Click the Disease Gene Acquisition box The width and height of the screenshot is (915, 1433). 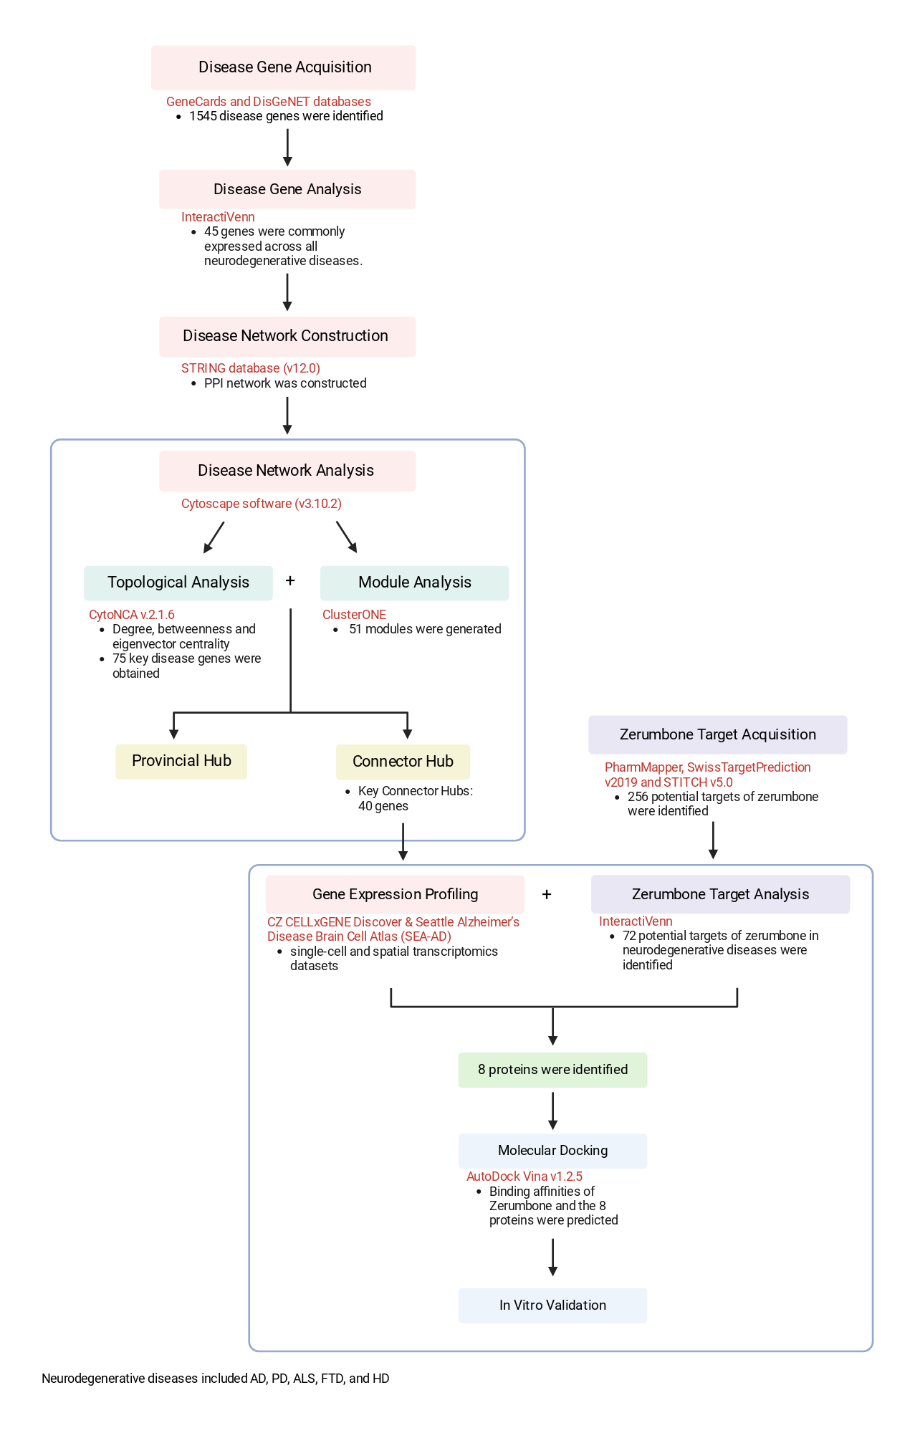pyautogui.click(x=283, y=67)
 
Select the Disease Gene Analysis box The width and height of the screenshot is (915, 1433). pyautogui.click(x=287, y=189)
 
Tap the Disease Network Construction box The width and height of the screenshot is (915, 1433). pyautogui.click(x=287, y=336)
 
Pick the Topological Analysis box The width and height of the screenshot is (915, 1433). pyautogui.click(x=178, y=583)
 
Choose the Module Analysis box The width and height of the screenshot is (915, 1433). pyautogui.click(x=415, y=583)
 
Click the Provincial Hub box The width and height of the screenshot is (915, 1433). pyautogui.click(x=181, y=761)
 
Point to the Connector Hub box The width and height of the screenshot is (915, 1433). pyautogui.click(x=403, y=762)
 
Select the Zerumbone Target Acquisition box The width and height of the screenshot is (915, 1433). pyautogui.click(x=718, y=734)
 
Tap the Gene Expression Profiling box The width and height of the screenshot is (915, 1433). pyautogui.click(x=395, y=894)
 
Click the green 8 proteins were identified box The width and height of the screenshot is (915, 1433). pyautogui.click(x=552, y=1070)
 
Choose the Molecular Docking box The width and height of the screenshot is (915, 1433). pyautogui.click(x=552, y=1151)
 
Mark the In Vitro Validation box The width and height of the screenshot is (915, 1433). pyautogui.click(x=552, y=1305)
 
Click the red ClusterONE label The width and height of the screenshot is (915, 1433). pyautogui.click(x=354, y=615)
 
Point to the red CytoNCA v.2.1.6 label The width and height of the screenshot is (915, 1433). pyautogui.click(x=132, y=615)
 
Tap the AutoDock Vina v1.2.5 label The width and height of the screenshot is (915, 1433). pyautogui.click(x=524, y=1176)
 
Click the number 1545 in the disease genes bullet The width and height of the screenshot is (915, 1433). pyautogui.click(x=203, y=116)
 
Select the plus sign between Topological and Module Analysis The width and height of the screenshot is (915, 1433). pyautogui.click(x=290, y=580)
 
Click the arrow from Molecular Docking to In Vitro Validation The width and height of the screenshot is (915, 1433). pyautogui.click(x=552, y=1257)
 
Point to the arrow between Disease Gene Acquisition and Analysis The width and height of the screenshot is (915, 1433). pyautogui.click(x=287, y=148)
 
